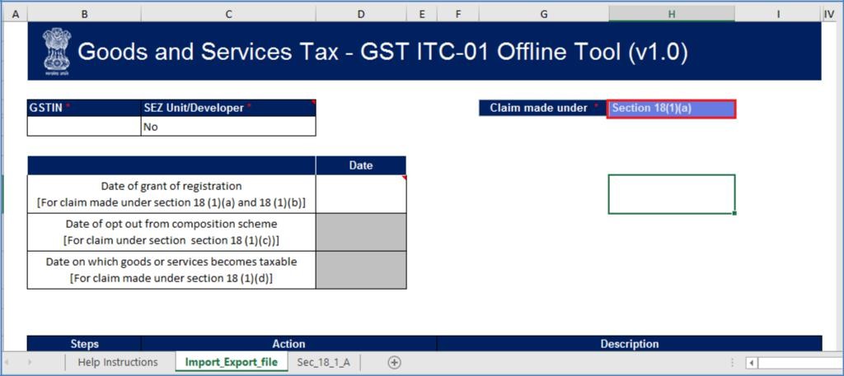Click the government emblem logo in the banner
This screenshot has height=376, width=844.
(x=57, y=51)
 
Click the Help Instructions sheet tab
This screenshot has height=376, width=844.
(x=117, y=362)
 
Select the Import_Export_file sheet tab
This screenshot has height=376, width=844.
(x=231, y=362)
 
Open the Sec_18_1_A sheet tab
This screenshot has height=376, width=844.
(x=323, y=362)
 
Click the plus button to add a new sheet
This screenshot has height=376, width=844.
(x=394, y=362)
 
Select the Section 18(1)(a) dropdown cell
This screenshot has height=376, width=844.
(x=671, y=108)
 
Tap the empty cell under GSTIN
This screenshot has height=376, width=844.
(x=84, y=127)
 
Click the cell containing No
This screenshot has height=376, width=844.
(x=228, y=127)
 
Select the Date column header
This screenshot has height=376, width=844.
(x=361, y=165)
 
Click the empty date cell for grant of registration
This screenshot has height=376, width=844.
(x=361, y=194)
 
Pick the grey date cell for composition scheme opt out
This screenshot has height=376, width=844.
(x=361, y=232)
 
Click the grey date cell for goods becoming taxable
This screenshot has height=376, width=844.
(x=361, y=270)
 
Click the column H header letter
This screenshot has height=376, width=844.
(x=672, y=14)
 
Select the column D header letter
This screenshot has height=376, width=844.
(x=361, y=14)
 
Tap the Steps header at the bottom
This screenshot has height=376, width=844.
(x=84, y=344)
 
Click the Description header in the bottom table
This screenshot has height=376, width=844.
(x=629, y=344)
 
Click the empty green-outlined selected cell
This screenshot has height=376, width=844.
(x=671, y=194)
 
